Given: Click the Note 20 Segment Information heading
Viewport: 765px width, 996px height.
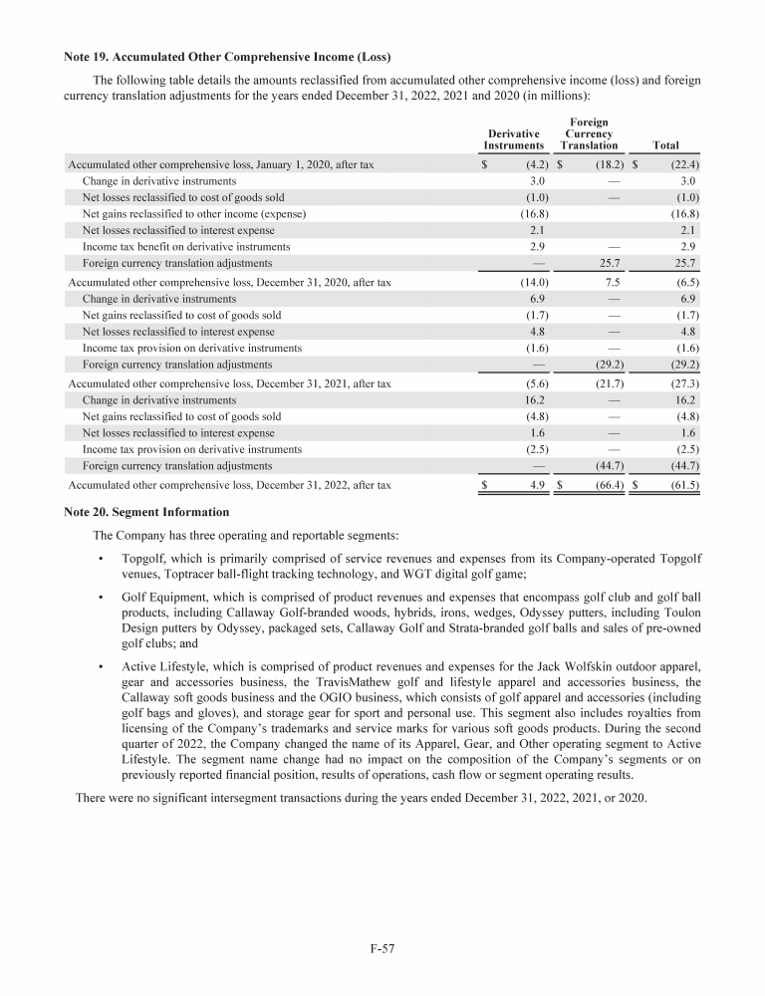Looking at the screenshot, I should coord(146,512).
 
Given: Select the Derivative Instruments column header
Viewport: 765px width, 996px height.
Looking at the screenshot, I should coord(514,139).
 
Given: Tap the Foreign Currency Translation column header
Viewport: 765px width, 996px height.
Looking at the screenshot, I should coord(589,133).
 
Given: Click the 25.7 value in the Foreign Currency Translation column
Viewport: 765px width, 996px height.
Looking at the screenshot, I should coord(608,263).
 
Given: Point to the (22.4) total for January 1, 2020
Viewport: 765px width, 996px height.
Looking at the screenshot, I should coord(683,165).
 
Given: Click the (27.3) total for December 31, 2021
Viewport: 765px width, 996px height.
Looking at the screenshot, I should coord(683,383).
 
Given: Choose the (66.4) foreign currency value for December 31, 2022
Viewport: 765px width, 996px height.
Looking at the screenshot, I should coord(607,485).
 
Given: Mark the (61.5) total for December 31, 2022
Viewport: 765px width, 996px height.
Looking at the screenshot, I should coord(683,485).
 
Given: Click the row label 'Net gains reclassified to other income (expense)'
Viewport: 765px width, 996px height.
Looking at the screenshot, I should coord(193,214).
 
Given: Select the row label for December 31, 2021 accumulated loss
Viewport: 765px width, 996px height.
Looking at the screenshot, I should coord(228,383).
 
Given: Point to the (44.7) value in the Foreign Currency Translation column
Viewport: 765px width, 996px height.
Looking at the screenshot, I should coord(607,465).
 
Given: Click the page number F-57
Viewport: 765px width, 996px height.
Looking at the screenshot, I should coord(382,949).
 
